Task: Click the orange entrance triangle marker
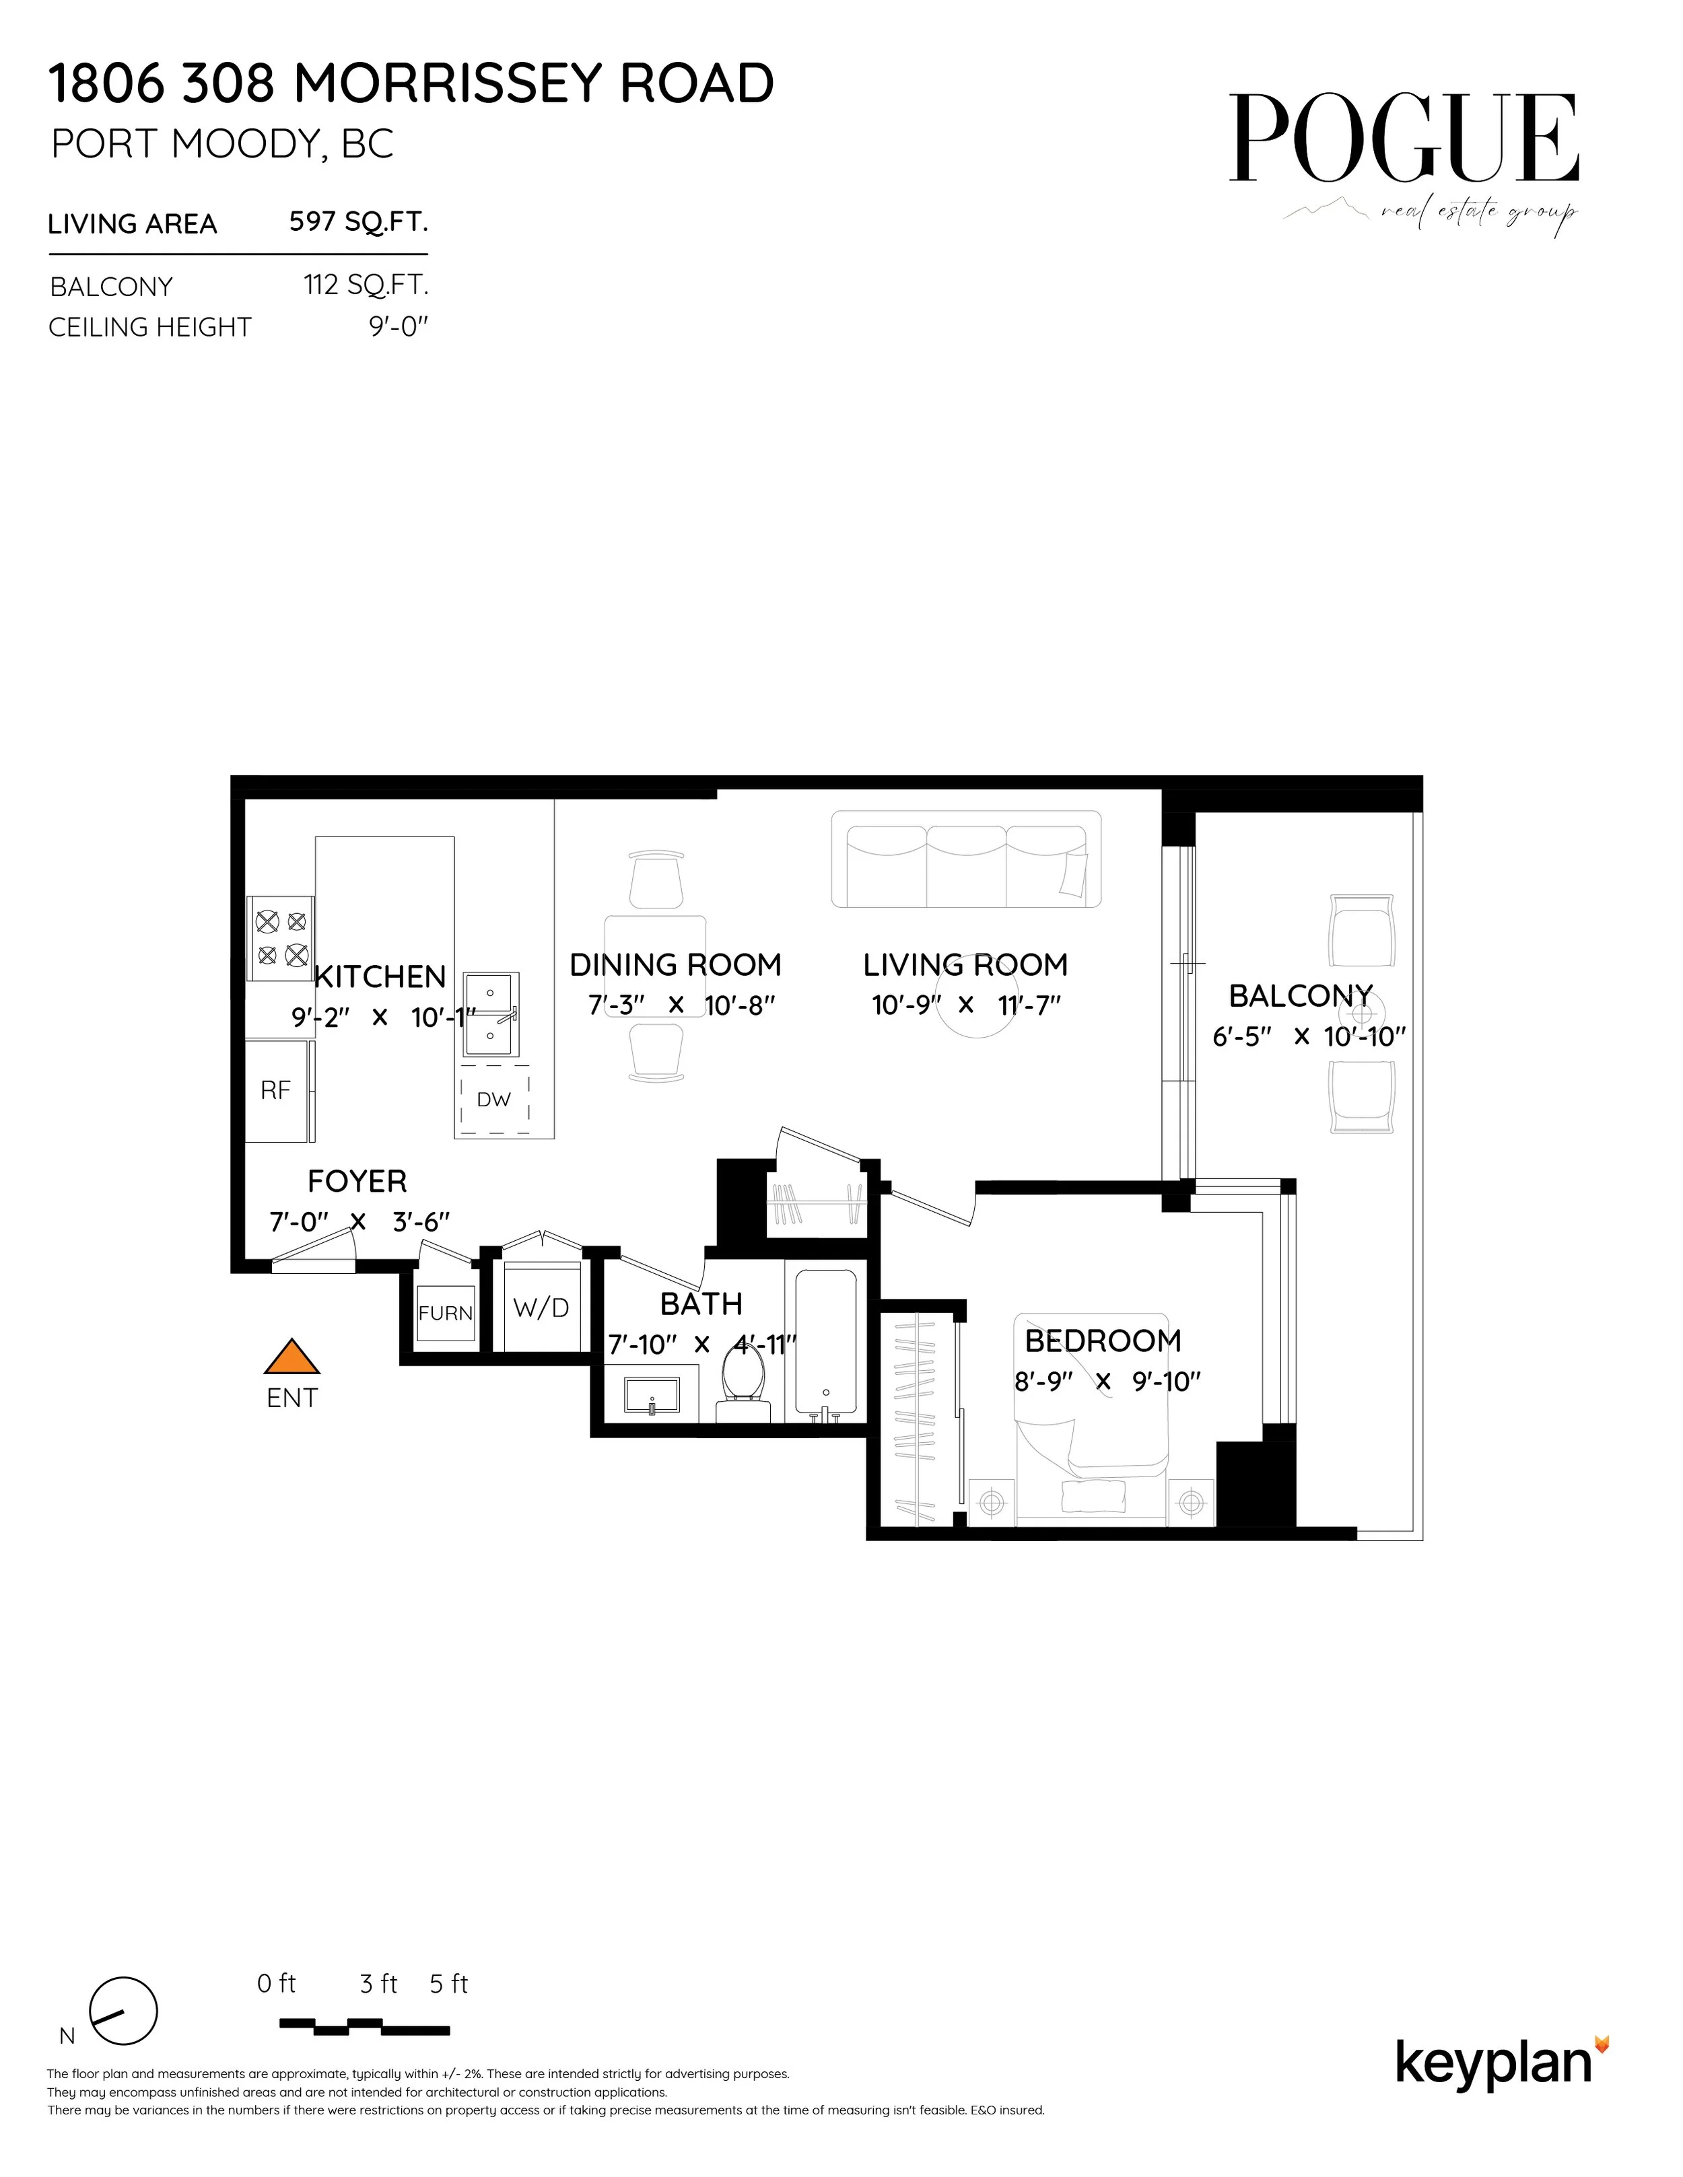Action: pos(291,1357)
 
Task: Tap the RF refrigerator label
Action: pos(275,1090)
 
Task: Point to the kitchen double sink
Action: pos(491,1013)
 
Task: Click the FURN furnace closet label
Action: pos(445,1313)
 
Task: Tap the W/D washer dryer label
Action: pos(541,1308)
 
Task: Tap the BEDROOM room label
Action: pos(1103,1341)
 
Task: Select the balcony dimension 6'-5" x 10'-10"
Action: pos(1308,1036)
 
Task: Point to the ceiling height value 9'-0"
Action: pos(398,327)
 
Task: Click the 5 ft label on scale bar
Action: pos(448,1984)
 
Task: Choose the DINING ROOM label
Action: pos(675,965)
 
